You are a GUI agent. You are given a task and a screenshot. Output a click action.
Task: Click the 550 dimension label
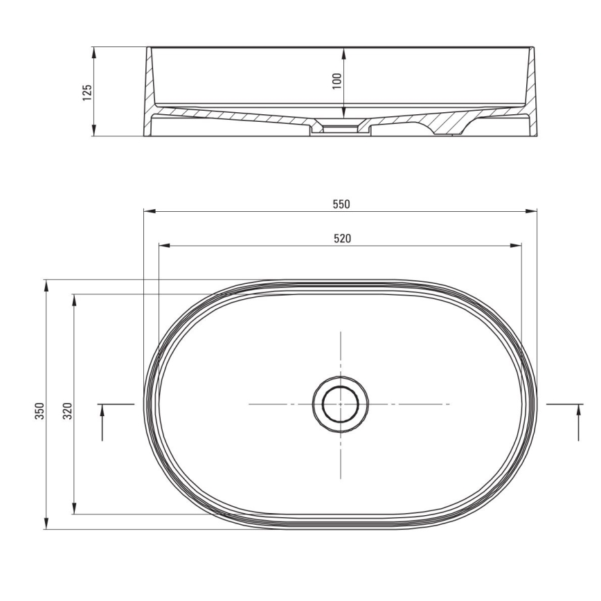[x=341, y=204]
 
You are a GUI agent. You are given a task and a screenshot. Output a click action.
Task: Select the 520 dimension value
[x=341, y=238]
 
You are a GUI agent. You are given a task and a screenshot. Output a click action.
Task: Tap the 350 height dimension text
[x=39, y=411]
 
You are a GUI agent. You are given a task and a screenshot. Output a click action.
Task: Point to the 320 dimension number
[x=67, y=413]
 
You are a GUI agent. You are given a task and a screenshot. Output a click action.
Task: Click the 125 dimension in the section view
[x=87, y=92]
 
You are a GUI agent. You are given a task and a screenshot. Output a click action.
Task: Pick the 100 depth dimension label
[x=337, y=80]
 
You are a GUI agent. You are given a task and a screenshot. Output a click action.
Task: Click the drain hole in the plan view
[x=340, y=404]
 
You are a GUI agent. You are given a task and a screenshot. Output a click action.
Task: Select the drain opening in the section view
[x=339, y=128]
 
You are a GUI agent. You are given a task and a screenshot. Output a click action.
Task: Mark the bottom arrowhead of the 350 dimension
[x=46, y=526]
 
